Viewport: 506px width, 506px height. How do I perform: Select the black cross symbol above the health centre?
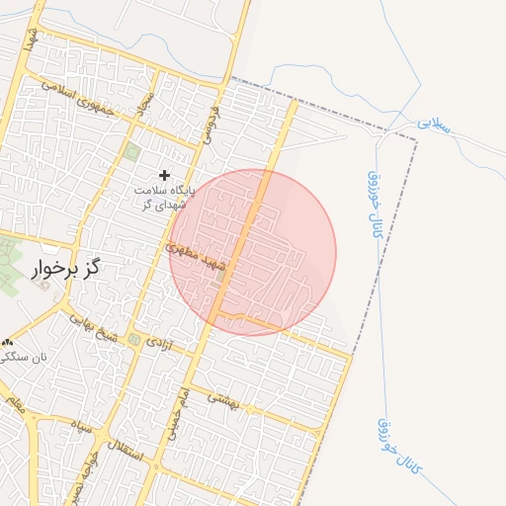(164, 175)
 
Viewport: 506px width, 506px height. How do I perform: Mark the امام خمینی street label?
(181, 407)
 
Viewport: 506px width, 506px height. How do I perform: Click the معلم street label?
(14, 402)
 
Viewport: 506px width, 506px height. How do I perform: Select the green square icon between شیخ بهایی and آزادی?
(134, 340)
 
